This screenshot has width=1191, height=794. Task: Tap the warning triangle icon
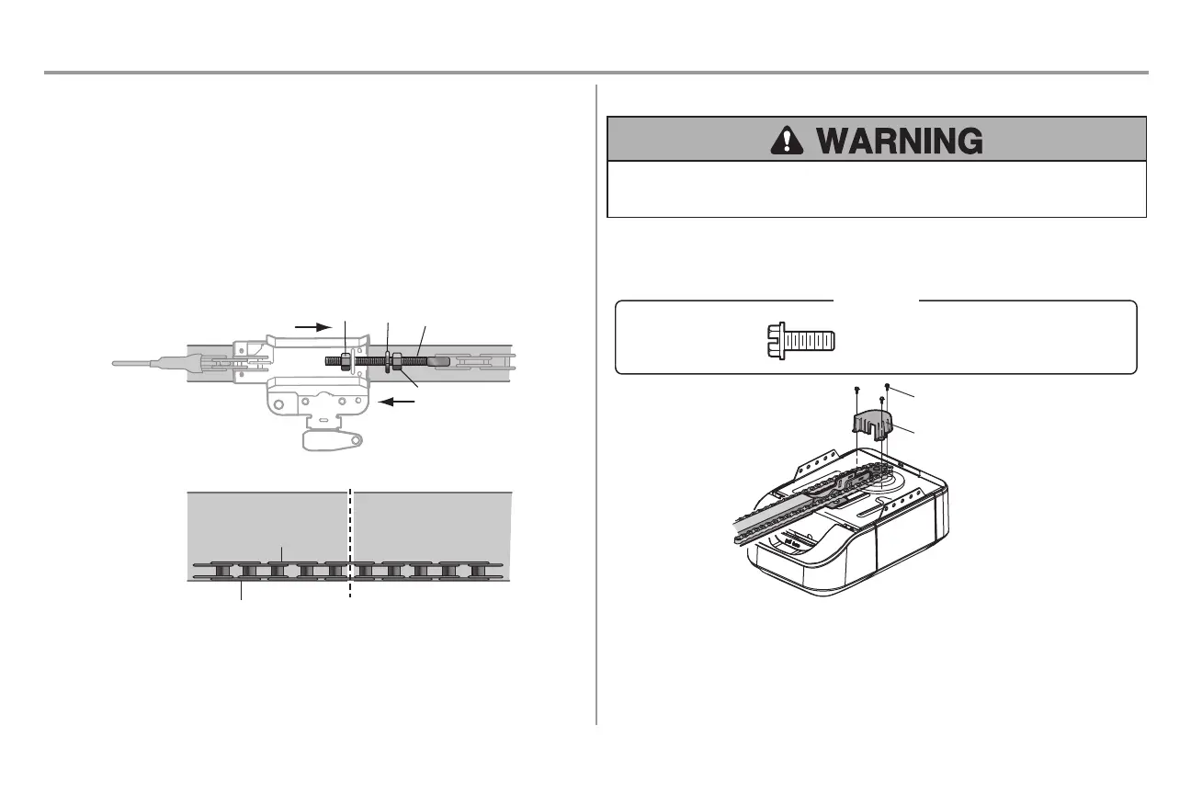click(786, 140)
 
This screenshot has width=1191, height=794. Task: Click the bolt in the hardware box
click(800, 340)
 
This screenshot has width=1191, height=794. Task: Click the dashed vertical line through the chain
click(350, 542)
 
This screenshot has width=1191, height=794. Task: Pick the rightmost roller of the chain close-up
click(475, 571)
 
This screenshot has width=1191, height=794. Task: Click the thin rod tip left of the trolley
click(129, 363)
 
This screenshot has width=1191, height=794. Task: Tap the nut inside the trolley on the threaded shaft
click(343, 361)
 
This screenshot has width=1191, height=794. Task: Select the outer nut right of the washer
click(398, 361)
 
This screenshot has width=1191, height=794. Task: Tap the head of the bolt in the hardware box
click(774, 340)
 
